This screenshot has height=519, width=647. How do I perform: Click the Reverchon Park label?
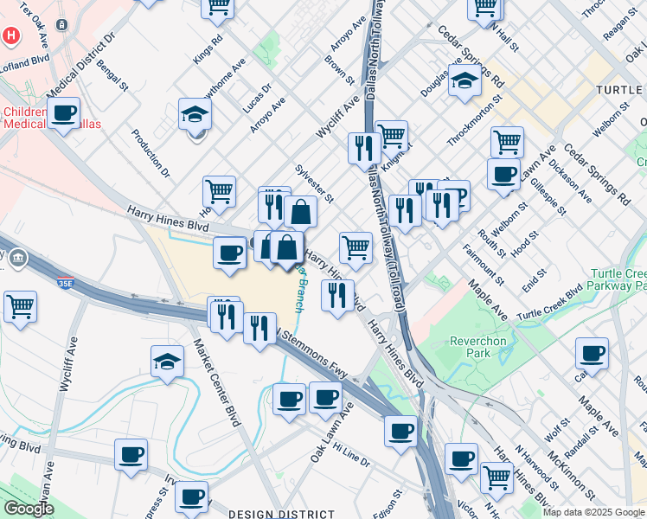click(477, 347)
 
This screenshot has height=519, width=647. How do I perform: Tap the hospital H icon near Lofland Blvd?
click(11, 36)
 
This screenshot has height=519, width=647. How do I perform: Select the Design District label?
click(268, 514)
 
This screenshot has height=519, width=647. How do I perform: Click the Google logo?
click(28, 509)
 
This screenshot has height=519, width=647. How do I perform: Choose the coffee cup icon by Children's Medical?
click(63, 112)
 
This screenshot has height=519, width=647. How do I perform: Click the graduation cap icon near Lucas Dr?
click(195, 113)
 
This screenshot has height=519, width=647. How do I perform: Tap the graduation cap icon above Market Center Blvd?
click(168, 362)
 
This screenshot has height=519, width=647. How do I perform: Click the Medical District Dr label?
click(80, 67)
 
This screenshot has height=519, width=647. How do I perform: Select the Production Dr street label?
click(151, 153)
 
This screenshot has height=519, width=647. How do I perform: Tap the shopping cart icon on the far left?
click(20, 305)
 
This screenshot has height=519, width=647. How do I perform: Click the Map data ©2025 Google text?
click(593, 512)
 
